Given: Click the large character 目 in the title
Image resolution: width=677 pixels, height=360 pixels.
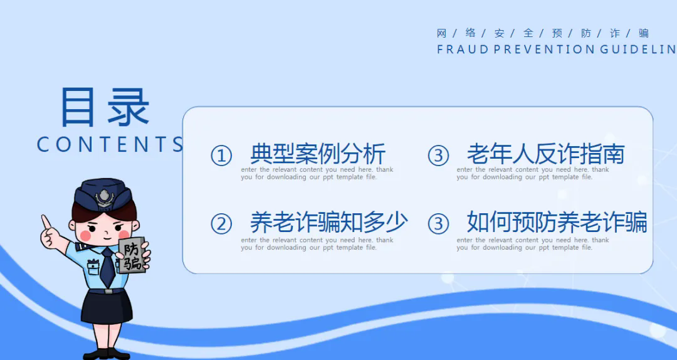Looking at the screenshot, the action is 78,107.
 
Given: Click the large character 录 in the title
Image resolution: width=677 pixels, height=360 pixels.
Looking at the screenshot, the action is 129,107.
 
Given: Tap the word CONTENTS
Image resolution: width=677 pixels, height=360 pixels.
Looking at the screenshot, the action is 110,144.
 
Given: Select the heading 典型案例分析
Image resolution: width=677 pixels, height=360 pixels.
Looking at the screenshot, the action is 318,154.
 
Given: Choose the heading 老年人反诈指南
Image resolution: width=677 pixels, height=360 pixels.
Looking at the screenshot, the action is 546,154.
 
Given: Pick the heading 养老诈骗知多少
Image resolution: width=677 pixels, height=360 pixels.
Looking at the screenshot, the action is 329,222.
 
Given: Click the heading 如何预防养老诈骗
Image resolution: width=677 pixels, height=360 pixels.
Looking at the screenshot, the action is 557,222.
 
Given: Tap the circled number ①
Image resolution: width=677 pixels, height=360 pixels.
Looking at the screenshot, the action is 221,156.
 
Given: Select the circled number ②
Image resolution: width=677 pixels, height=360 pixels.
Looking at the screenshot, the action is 221,224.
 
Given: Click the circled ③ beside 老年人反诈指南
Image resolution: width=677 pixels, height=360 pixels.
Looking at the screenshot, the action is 438,156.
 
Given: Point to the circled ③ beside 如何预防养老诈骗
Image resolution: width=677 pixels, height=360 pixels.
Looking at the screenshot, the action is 438,224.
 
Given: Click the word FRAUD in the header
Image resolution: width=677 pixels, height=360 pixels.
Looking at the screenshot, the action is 463,50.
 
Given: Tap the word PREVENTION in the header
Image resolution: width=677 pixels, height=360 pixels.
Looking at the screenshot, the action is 545,50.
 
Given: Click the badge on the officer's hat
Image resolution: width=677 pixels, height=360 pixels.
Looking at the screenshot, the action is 105,198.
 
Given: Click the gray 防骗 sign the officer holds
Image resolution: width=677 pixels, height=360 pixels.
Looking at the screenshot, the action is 132,255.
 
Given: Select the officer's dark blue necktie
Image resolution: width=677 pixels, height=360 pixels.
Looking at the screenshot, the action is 107,268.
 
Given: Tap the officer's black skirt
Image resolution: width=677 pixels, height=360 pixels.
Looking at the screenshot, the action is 107,307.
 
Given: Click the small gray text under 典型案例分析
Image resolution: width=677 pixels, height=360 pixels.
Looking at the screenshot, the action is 317,173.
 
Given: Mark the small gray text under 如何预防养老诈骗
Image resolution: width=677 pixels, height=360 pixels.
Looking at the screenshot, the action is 533,244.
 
